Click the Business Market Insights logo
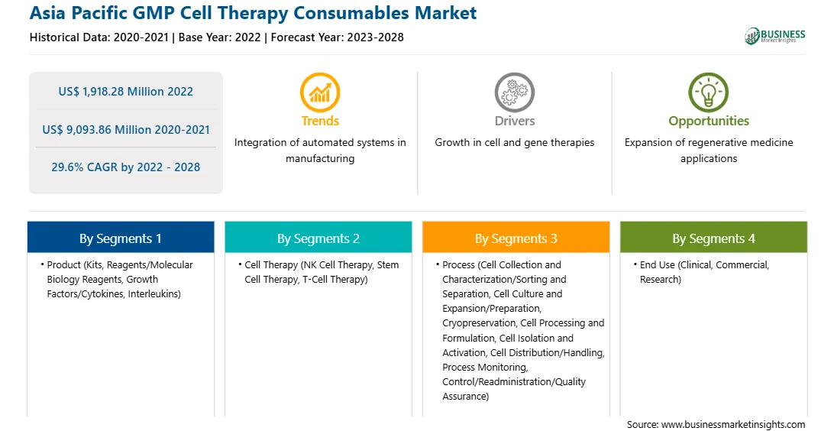(x=774, y=36)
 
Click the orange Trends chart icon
(x=320, y=92)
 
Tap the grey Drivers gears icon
(x=514, y=92)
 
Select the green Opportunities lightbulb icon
(x=709, y=92)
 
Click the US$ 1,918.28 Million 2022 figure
(x=125, y=92)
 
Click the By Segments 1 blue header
(x=121, y=238)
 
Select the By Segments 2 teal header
(x=318, y=238)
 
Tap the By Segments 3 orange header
(x=516, y=238)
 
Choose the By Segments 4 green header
(x=714, y=238)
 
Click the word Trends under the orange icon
(x=320, y=121)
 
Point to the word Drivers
(x=515, y=121)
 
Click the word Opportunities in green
(x=709, y=122)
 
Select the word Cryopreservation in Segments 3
(x=479, y=323)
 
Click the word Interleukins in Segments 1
(x=154, y=293)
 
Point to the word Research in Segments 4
(x=660, y=280)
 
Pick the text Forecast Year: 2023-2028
(x=338, y=37)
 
